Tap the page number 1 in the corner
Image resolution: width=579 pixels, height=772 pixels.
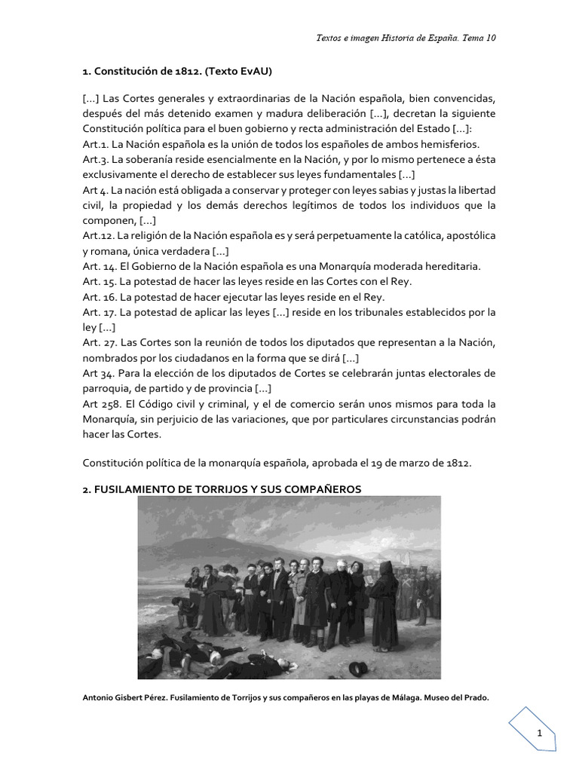point(540,734)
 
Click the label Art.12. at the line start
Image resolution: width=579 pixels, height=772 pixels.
point(99,236)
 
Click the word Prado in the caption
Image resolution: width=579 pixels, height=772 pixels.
point(475,697)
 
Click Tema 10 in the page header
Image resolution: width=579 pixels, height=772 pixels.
point(477,38)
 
